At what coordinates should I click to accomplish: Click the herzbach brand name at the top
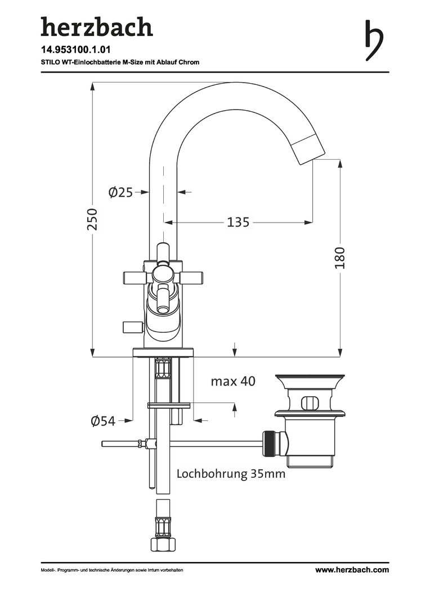(96, 27)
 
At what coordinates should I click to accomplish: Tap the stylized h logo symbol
(374, 40)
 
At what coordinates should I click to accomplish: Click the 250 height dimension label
(93, 219)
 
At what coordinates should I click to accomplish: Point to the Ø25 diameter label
(120, 193)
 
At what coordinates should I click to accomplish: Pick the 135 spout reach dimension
(238, 223)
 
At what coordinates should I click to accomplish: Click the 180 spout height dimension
(339, 257)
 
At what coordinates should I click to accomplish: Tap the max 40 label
(233, 381)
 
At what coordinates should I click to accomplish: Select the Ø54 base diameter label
(103, 420)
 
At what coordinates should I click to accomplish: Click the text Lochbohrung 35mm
(231, 474)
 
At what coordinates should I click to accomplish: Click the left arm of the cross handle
(136, 277)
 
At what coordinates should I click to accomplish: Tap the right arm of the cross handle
(191, 277)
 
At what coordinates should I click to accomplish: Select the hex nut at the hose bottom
(163, 543)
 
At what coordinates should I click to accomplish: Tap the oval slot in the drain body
(309, 402)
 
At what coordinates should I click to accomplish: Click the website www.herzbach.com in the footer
(352, 570)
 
